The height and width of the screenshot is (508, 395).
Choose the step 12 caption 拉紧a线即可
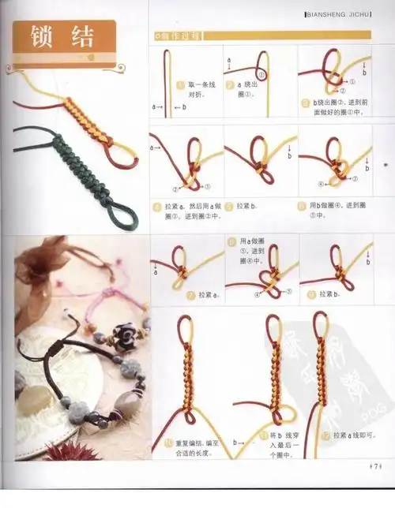pos(353,435)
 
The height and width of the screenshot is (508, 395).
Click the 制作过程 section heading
pos(179,36)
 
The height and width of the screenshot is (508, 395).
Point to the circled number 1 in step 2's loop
pos(261,74)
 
